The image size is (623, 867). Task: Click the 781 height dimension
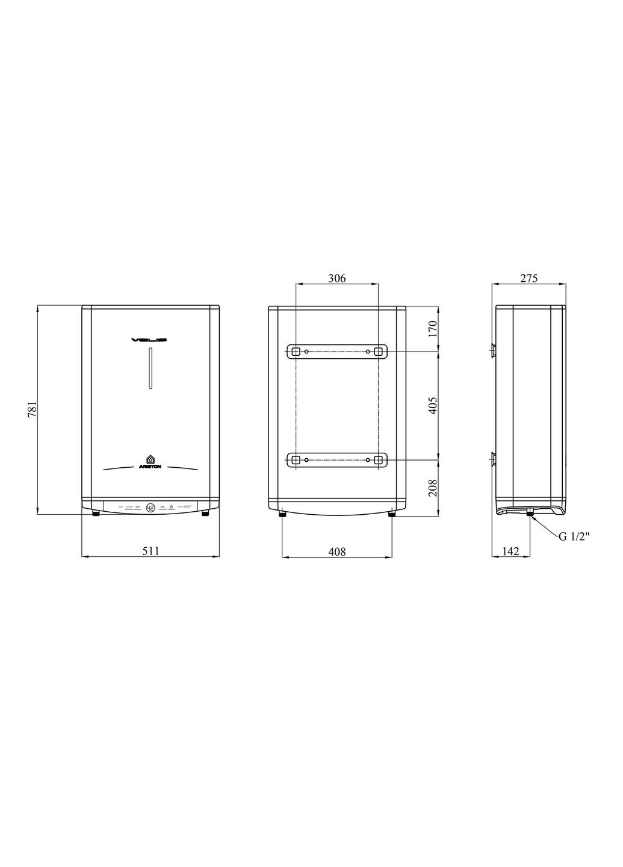coord(34,409)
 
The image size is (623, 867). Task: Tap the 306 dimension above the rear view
coord(336,278)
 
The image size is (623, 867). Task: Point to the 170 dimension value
coord(432,328)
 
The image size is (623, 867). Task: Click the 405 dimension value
coord(432,406)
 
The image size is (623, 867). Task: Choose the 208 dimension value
coord(432,486)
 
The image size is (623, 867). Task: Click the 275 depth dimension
coord(528,278)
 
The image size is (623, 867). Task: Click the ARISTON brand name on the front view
coord(150,467)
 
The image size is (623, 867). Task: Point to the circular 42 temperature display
coord(150,508)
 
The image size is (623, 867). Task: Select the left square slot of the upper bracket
coord(296,351)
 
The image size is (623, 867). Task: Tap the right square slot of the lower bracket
coord(378,460)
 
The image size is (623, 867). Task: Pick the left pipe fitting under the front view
coord(96,514)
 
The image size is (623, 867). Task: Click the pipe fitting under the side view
coord(530,512)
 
